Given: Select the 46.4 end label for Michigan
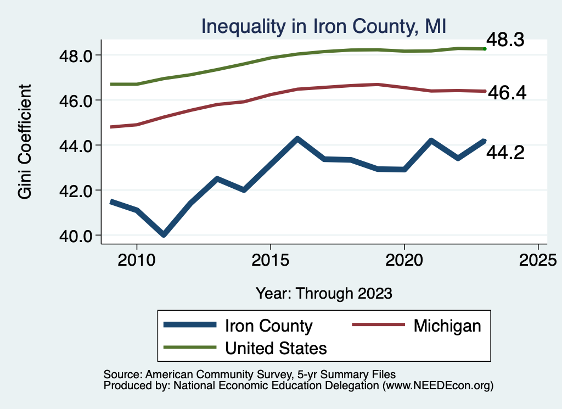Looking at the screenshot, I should click(507, 93).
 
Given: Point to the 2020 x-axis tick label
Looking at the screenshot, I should click(404, 260).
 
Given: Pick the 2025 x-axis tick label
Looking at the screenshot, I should click(538, 260).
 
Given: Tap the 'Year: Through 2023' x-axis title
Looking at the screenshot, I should click(324, 293).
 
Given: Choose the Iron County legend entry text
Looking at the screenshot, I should click(268, 326).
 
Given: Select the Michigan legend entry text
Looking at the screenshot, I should click(447, 326).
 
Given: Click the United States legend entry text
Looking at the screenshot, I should click(276, 348).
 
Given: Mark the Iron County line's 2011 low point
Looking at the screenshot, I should click(164, 234).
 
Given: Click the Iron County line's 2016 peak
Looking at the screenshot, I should click(297, 139).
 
